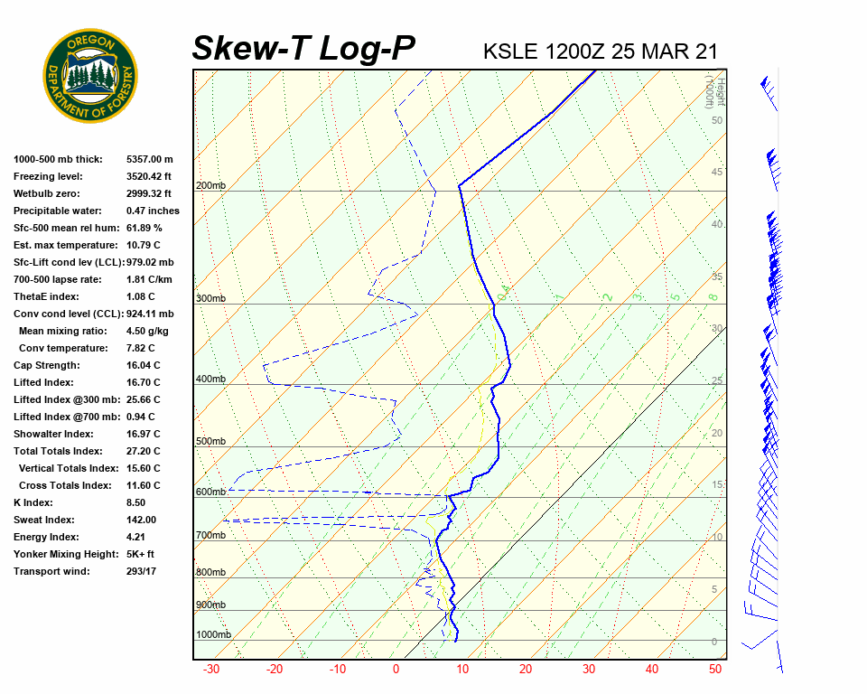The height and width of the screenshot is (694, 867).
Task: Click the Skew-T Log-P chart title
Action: pos(303,49)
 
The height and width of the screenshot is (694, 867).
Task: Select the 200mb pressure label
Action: pos(210,186)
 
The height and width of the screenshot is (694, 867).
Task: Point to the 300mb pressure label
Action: pos(210,299)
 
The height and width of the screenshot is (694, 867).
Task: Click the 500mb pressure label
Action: pos(210,442)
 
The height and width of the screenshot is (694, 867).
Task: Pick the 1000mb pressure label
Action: pos(213,635)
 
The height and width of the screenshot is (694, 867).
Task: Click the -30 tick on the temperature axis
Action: pos(211,670)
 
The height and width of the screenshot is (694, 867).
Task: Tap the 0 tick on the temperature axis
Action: pos(396,670)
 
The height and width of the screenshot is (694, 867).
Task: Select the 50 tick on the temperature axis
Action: pos(715,670)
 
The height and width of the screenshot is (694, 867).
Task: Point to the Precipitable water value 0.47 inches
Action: pos(153,211)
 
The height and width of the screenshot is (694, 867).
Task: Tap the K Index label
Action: pos(35,502)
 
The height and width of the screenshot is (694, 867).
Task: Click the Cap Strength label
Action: pos(47,365)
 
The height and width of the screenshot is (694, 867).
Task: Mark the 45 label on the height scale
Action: pos(717,173)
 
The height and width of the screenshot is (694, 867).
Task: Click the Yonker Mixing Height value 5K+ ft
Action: pos(141,554)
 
